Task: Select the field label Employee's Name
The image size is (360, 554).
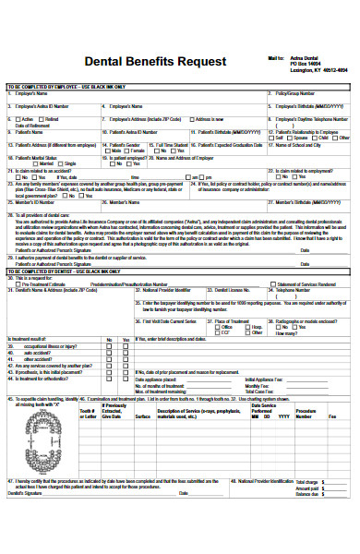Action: pos(32,93)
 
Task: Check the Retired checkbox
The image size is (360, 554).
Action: pos(41,119)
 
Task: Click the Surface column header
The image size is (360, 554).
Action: pos(143,416)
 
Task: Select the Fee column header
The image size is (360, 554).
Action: pos(332,416)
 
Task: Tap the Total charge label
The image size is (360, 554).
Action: pos(309,507)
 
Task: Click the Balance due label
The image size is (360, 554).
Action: pos(309,520)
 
